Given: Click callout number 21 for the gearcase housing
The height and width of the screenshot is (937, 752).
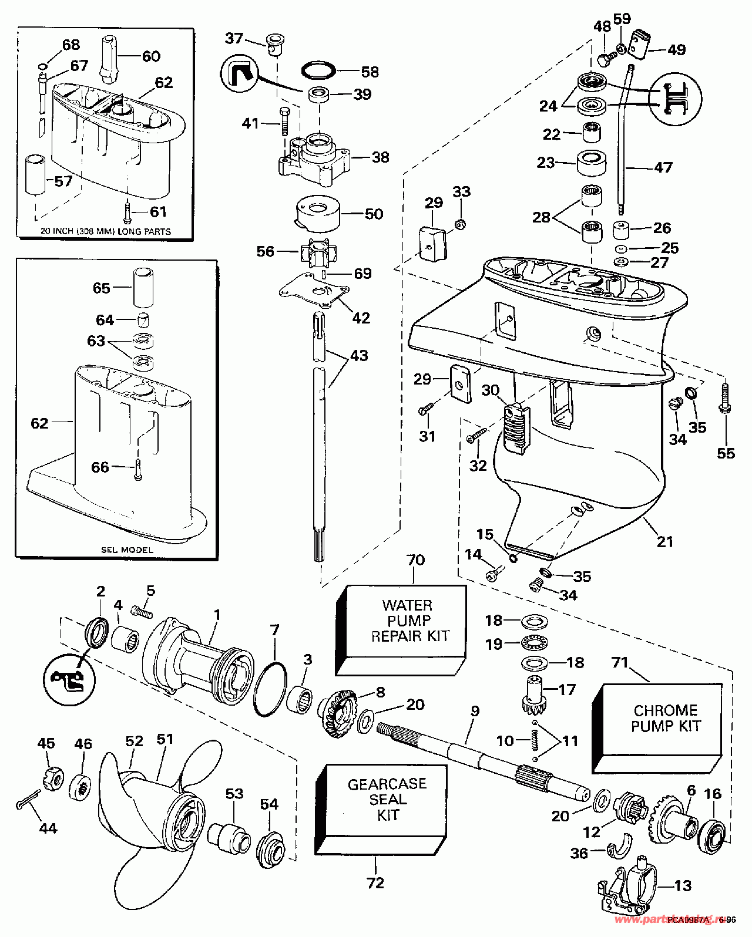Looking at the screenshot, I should [x=664, y=541].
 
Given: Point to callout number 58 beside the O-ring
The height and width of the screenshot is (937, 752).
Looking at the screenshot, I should [x=370, y=72].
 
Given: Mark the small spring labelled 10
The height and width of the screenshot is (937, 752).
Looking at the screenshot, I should [x=534, y=740].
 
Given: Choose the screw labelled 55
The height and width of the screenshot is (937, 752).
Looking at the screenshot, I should [x=724, y=405].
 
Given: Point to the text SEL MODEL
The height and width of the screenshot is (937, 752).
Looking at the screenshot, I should [x=127, y=550].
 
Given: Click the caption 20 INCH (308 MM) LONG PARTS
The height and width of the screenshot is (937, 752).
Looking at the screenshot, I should [x=106, y=231].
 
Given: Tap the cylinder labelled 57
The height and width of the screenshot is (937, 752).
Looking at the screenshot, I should [x=35, y=174].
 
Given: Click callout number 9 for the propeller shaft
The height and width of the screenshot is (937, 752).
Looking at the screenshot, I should [x=475, y=711].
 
